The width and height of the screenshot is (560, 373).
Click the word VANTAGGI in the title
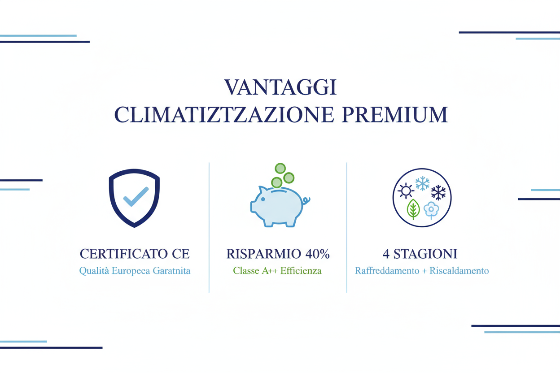(280, 87)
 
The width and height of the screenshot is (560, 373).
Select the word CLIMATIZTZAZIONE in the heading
(225, 115)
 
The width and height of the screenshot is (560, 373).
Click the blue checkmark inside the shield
(136, 196)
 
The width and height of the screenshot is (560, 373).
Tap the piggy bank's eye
(263, 199)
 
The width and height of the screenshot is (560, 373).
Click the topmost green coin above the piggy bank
(280, 169)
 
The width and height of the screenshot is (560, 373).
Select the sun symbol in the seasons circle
(406, 191)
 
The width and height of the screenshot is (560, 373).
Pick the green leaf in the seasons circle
(413, 209)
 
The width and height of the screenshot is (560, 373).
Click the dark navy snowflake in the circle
(438, 192)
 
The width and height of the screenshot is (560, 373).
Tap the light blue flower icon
(431, 209)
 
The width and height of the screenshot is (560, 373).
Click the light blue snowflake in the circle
(422, 183)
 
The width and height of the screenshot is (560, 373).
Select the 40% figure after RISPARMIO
(317, 254)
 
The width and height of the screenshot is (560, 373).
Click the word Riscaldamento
(459, 271)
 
